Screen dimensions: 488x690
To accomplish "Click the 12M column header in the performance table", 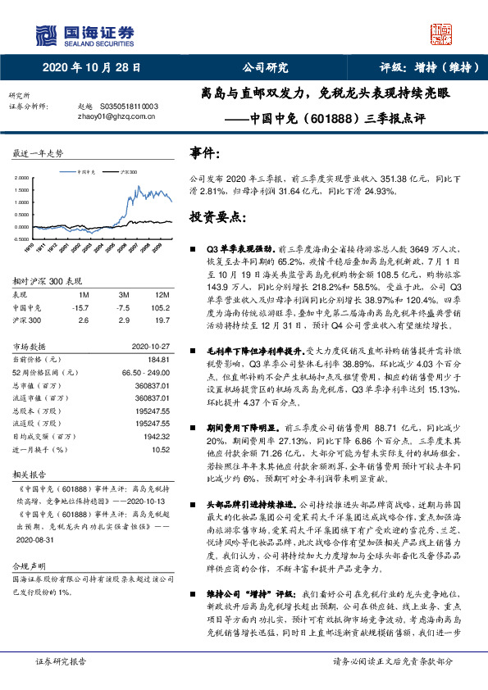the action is click(x=162, y=293).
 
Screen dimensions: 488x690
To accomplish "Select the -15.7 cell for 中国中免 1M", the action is click(x=80, y=307).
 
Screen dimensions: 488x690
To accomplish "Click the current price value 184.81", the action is click(x=157, y=359).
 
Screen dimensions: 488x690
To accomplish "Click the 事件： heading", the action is click(x=204, y=153).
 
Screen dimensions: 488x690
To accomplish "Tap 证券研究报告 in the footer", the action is click(x=57, y=682).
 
